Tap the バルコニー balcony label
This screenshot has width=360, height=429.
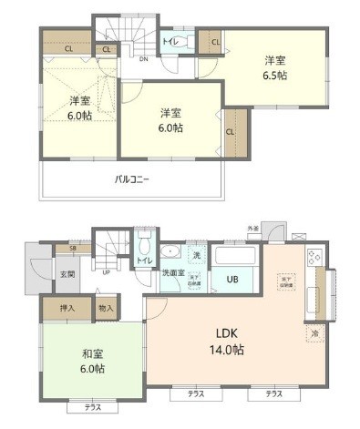point(131,179)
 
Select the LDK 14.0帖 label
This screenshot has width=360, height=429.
point(230,341)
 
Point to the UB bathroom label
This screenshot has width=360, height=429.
point(232,279)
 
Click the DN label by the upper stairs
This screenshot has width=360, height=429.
point(143,59)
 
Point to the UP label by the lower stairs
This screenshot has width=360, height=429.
point(108,271)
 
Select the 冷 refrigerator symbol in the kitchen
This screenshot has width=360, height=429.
point(314,333)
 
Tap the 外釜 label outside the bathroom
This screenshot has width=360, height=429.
point(252,228)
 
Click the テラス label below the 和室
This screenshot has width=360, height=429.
point(93,406)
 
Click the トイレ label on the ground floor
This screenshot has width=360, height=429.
point(144,261)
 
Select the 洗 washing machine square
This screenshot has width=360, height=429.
point(196,255)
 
